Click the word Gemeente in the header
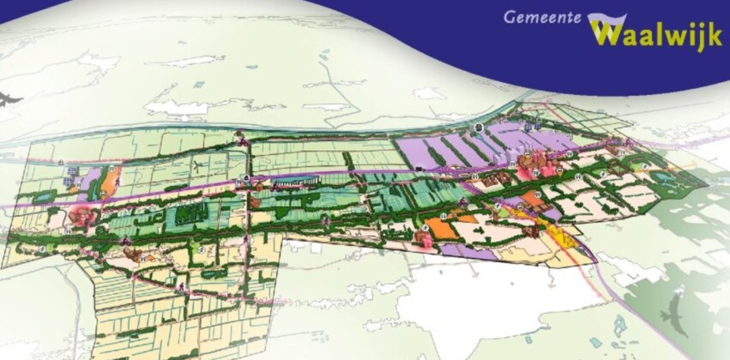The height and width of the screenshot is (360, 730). click(x=542, y=16)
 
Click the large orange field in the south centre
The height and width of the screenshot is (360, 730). click(x=443, y=228)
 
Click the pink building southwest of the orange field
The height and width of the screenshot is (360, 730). click(x=423, y=238)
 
